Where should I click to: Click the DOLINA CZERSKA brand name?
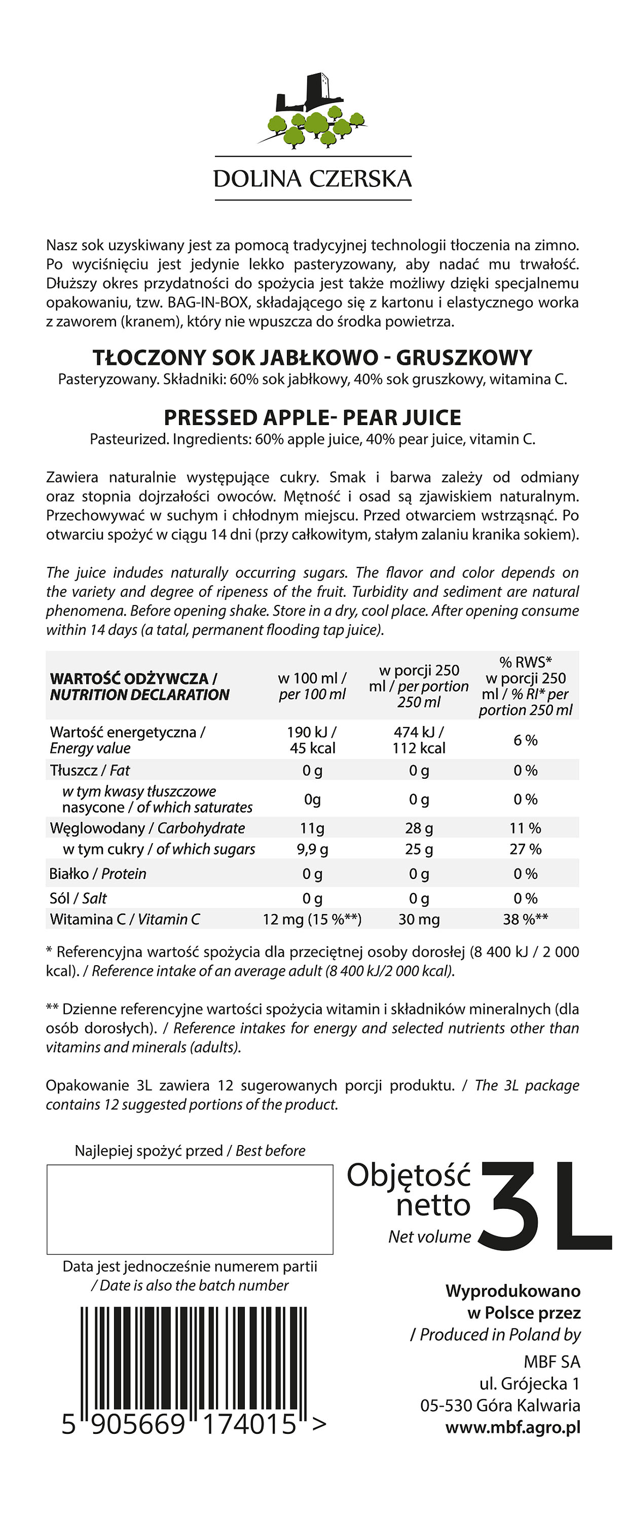tap(312, 179)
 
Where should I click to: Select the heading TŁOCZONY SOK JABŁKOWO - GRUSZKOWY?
tap(312, 358)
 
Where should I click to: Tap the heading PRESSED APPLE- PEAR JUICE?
tap(312, 418)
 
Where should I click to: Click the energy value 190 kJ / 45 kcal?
tap(312, 740)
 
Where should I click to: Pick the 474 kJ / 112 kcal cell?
tap(419, 740)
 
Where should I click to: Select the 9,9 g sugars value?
tap(312, 849)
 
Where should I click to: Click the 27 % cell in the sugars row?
tap(525, 849)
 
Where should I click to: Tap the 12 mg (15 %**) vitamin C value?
tap(312, 919)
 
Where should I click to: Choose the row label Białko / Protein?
tap(98, 874)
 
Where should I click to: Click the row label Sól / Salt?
tap(79, 898)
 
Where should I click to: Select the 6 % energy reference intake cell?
tap(525, 740)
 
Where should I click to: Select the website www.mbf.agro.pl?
tap(512, 1427)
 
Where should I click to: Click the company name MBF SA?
tap(552, 1362)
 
